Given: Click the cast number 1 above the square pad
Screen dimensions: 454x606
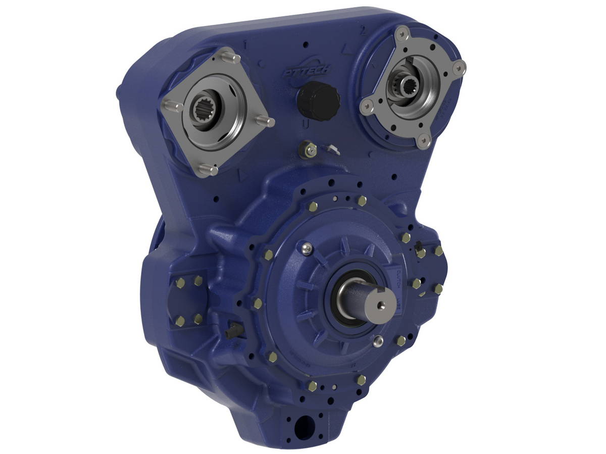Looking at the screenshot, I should coord(245,44).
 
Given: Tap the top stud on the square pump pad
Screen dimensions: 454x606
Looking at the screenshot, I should coord(230,56).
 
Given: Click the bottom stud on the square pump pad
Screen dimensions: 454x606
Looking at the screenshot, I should coord(206,170).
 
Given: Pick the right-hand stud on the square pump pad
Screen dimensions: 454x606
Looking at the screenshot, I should coord(266,121).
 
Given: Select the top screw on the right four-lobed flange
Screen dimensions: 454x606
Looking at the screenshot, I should coord(401,33).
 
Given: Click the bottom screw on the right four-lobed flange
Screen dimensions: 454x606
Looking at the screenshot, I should coord(424,141).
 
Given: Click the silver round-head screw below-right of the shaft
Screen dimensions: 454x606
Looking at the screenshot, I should coord(377,340).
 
